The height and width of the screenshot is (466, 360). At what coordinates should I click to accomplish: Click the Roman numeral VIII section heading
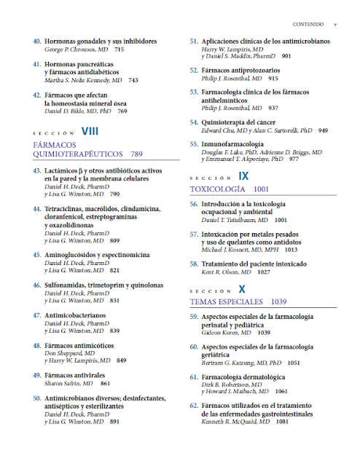(90, 131)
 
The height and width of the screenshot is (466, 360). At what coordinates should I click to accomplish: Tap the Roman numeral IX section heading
(243, 175)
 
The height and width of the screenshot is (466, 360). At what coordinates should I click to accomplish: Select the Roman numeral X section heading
(242, 288)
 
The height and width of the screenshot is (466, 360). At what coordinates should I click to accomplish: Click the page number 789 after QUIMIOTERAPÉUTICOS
(136, 154)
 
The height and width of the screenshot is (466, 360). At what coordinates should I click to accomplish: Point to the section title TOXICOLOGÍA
(216, 188)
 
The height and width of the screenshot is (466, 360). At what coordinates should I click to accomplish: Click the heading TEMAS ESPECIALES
(227, 301)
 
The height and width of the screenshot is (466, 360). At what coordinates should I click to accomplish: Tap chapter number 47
(36, 315)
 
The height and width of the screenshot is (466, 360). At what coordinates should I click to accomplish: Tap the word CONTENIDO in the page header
(308, 23)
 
